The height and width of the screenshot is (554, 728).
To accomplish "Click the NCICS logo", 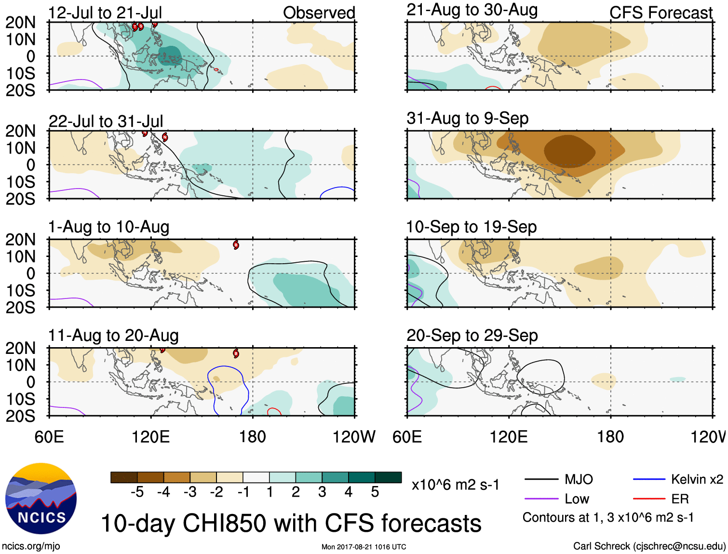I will pyautogui.click(x=41, y=499).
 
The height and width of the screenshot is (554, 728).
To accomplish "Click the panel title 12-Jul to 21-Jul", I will pyautogui.click(x=105, y=13).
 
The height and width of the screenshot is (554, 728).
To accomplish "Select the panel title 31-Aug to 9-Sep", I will pyautogui.click(x=467, y=118).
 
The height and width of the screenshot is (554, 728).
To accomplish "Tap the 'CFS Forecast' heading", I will pyautogui.click(x=661, y=13).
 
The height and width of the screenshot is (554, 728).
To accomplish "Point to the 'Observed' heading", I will pyautogui.click(x=319, y=13).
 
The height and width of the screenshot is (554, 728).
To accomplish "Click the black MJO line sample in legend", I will pyautogui.click(x=541, y=479).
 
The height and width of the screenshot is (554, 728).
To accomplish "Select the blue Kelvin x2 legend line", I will pyautogui.click(x=649, y=479).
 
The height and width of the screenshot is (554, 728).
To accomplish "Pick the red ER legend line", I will pyautogui.click(x=649, y=499).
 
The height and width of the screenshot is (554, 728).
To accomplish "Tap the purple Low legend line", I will pyautogui.click(x=541, y=499).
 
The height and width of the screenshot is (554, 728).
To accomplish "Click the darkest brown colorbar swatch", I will pyautogui.click(x=124, y=477).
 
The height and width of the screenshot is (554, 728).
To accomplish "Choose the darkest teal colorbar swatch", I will pyautogui.click(x=388, y=477).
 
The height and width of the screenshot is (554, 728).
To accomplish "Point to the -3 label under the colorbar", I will pyautogui.click(x=190, y=492).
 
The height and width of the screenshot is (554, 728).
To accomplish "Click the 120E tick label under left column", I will pyautogui.click(x=151, y=437).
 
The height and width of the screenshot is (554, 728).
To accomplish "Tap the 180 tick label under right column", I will pyautogui.click(x=610, y=437).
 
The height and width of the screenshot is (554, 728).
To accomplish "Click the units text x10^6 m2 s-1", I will pyautogui.click(x=455, y=485).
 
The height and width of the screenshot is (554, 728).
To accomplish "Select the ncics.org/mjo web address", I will pyautogui.click(x=31, y=546).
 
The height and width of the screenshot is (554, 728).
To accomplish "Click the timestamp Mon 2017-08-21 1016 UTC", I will pyautogui.click(x=364, y=547).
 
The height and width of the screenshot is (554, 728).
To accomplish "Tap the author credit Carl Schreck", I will pyautogui.click(x=649, y=546).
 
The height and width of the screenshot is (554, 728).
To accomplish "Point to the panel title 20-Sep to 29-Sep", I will pyautogui.click(x=472, y=336).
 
